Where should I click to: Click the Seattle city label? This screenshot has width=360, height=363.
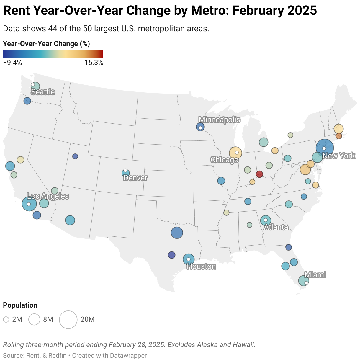pyautogui.click(x=43, y=92)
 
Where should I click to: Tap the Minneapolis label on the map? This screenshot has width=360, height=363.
pyautogui.click(x=219, y=120)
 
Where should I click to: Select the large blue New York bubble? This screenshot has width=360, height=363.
pyautogui.click(x=325, y=148)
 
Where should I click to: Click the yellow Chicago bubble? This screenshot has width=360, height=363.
pyautogui.click(x=235, y=153)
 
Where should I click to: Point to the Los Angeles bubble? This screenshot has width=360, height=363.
pyautogui.click(x=29, y=204)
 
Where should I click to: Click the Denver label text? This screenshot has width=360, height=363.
pyautogui.click(x=135, y=178)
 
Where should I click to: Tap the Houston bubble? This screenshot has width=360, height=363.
pyautogui.click(x=189, y=259)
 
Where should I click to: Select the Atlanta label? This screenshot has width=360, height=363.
pyautogui.click(x=276, y=227)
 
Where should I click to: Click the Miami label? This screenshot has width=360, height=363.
pyautogui.click(x=315, y=275)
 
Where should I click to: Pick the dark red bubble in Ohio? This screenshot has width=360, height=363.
pyautogui.click(x=259, y=174)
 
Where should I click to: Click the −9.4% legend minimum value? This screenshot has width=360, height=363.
pyautogui.click(x=12, y=63)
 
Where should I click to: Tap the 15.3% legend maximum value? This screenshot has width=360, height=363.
pyautogui.click(x=94, y=63)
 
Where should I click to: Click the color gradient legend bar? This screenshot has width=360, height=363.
pyautogui.click(x=53, y=54)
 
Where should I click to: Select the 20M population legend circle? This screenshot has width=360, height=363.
pyautogui.click(x=68, y=320)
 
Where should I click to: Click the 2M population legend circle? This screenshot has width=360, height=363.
pyautogui.click(x=6, y=320)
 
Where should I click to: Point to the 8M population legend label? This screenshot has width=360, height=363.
pyautogui.click(x=48, y=320)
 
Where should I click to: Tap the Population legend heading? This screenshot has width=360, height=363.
pyautogui.click(x=20, y=305)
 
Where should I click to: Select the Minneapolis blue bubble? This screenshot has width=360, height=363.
pyautogui.click(x=200, y=127)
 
